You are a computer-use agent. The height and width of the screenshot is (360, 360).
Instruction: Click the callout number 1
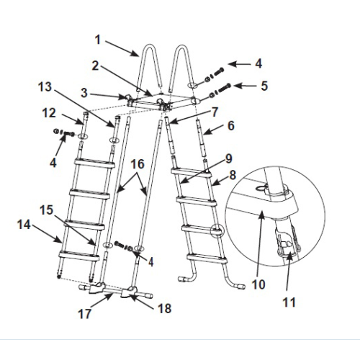click(97, 40)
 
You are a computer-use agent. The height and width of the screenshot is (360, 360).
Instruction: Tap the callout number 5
click(264, 86)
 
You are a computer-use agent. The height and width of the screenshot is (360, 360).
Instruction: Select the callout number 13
click(45, 86)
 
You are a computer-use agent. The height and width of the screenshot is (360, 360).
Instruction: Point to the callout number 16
click(138, 164)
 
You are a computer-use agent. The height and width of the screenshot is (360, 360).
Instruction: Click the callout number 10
click(258, 284)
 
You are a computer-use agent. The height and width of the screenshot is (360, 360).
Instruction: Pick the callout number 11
click(289, 302)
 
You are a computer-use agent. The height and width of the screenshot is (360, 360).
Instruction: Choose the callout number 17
click(85, 314)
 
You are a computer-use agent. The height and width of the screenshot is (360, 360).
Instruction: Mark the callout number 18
click(165, 308)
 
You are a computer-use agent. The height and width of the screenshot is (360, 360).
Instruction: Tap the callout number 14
click(24, 225)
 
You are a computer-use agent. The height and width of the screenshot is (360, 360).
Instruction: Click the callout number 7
click(215, 112)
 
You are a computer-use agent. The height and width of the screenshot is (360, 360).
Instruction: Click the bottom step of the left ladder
click(78, 256)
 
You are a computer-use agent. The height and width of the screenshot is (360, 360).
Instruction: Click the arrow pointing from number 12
click(72, 119)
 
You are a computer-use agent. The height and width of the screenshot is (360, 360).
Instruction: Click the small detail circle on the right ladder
click(217, 230)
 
